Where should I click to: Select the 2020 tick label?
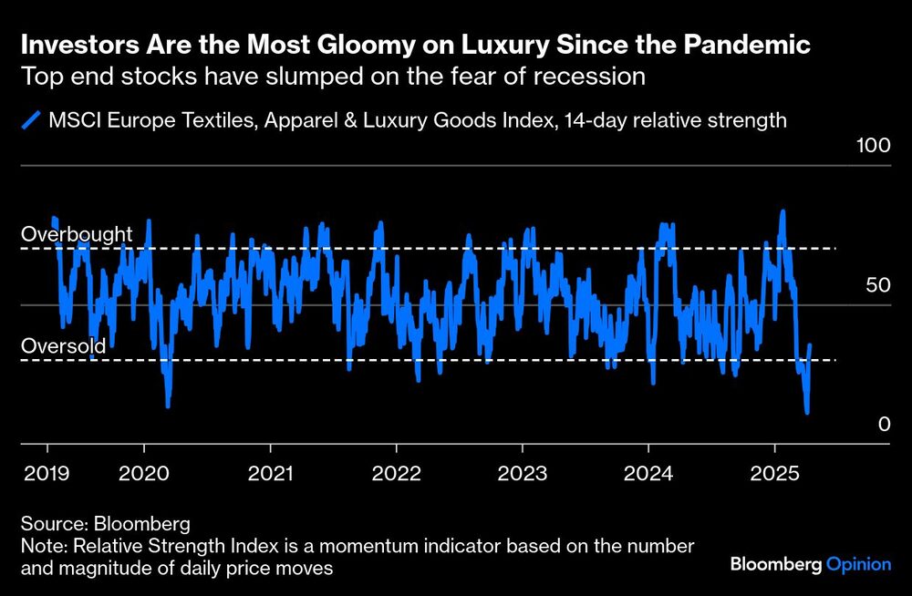pos(144,474)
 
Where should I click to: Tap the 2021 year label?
pos(270,474)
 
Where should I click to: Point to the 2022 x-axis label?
pos(396,474)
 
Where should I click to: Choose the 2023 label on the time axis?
pos(522,474)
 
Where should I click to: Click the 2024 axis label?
pos(648,474)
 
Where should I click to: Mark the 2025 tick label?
pos(774,474)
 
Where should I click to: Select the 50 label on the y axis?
pos(876,285)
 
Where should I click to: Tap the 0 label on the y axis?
pos(883,425)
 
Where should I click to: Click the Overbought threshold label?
pos(77,234)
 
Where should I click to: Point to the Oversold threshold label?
pos(64,346)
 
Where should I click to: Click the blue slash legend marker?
pos(33,120)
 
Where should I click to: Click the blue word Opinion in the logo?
pos(858,565)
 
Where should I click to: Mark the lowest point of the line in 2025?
pos(807,413)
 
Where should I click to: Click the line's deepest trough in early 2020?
pos(168,406)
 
